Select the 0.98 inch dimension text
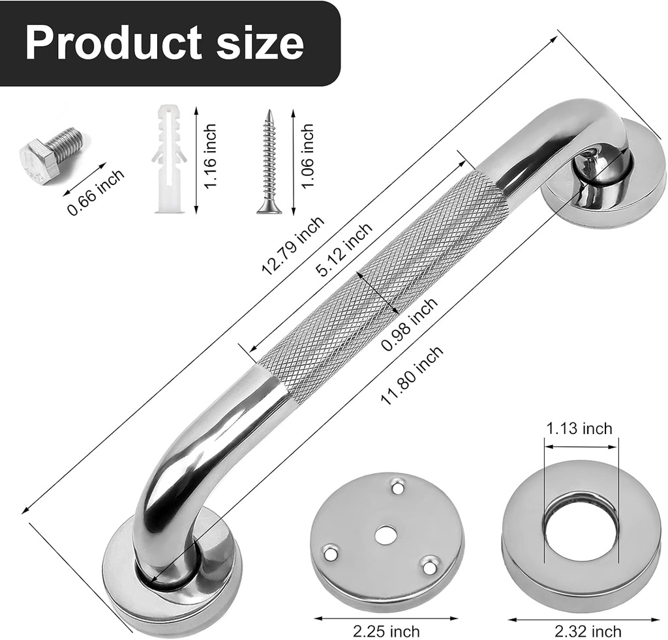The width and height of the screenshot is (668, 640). (410, 324)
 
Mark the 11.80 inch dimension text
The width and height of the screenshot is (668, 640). (412, 375)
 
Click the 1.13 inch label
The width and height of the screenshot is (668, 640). (579, 428)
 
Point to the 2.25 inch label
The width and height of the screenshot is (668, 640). (386, 631)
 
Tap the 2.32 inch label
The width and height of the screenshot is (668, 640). (588, 631)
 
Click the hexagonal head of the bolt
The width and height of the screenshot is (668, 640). (35, 160)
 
